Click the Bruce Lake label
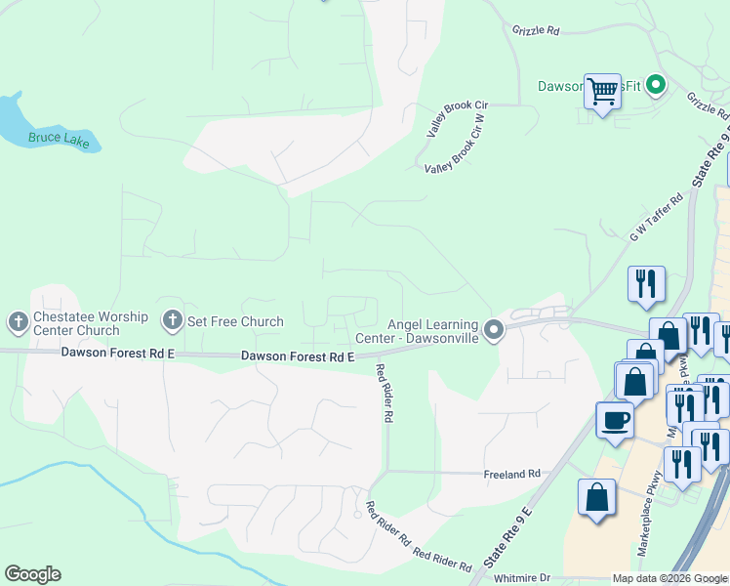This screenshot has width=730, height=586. tap(59, 140)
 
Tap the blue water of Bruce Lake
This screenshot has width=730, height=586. tap(12, 115)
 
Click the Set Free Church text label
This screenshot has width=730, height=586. tap(235, 321)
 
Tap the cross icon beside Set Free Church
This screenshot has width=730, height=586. tap(173, 320)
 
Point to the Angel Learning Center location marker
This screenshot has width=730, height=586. tap(494, 330)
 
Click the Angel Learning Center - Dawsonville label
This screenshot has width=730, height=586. tap(432, 331)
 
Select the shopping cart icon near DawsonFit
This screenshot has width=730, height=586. tap(602, 92)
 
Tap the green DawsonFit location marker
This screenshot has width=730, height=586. tap(657, 86)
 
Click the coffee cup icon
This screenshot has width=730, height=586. tap(615, 421)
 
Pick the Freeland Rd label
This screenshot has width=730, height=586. tap(511, 474)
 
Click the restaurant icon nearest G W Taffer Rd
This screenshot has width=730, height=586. tap(646, 283)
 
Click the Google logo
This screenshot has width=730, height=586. tap(32, 574)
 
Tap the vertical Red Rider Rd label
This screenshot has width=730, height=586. tap(387, 393)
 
